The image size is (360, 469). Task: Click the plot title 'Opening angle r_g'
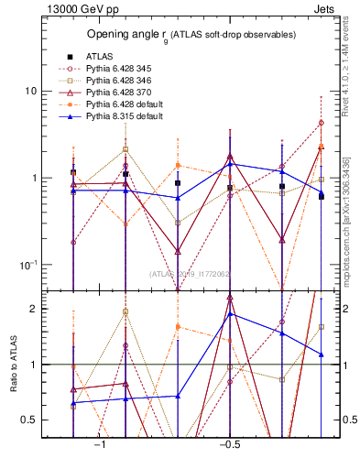191,35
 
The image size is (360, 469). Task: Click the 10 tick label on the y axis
30,92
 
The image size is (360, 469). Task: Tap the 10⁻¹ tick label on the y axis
27,265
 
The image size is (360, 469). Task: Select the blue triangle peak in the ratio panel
230,314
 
